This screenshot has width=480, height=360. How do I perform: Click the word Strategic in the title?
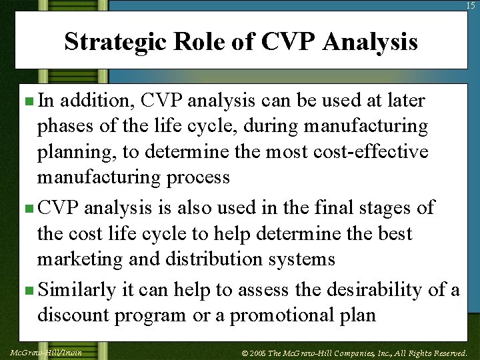(x=114, y=42)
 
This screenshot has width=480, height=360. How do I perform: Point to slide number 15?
(x=472, y=5)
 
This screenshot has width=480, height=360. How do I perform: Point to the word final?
(x=316, y=207)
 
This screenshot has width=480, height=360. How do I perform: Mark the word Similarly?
(x=78, y=290)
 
